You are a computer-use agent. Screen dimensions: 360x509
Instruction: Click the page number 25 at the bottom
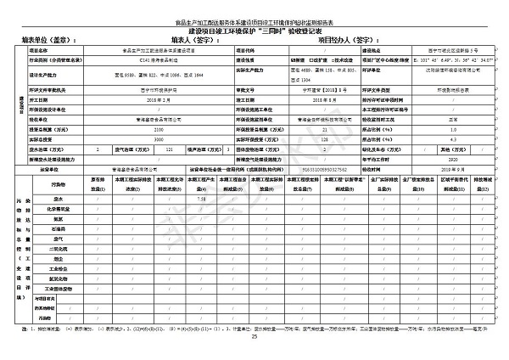[x=254, y=337]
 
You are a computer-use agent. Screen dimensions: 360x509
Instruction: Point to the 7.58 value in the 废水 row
[x=201, y=199]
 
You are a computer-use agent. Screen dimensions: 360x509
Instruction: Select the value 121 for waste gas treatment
[x=193, y=148]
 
